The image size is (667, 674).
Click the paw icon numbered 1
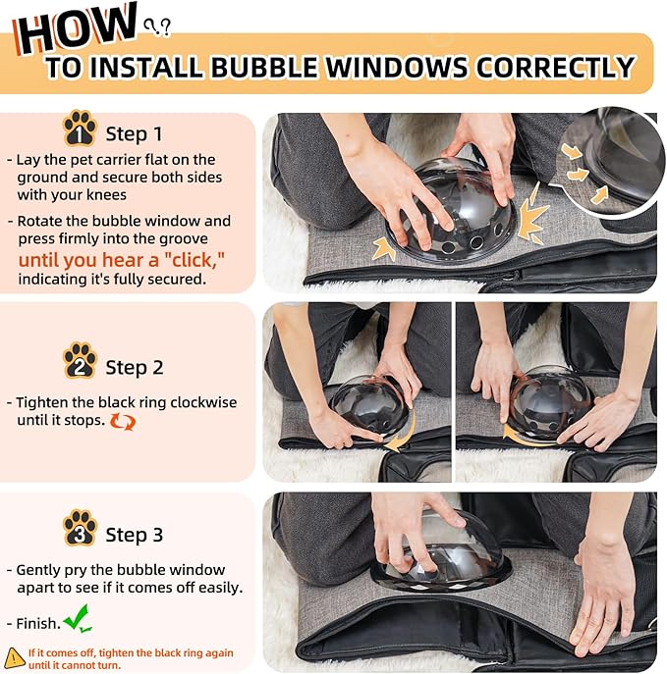click(80, 129)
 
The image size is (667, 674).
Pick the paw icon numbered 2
click(80, 360)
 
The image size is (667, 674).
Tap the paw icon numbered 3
click(80, 528)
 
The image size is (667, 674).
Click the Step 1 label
click(135, 134)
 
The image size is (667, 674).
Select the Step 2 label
click(135, 368)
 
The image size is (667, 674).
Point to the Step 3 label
click(135, 535)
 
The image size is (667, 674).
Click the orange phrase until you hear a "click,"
click(122, 260)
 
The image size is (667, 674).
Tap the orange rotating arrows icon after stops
click(123, 422)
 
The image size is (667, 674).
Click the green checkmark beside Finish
click(79, 618)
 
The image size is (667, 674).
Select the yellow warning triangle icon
click(14, 658)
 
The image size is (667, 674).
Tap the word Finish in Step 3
click(38, 623)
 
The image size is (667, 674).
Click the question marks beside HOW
click(157, 26)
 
